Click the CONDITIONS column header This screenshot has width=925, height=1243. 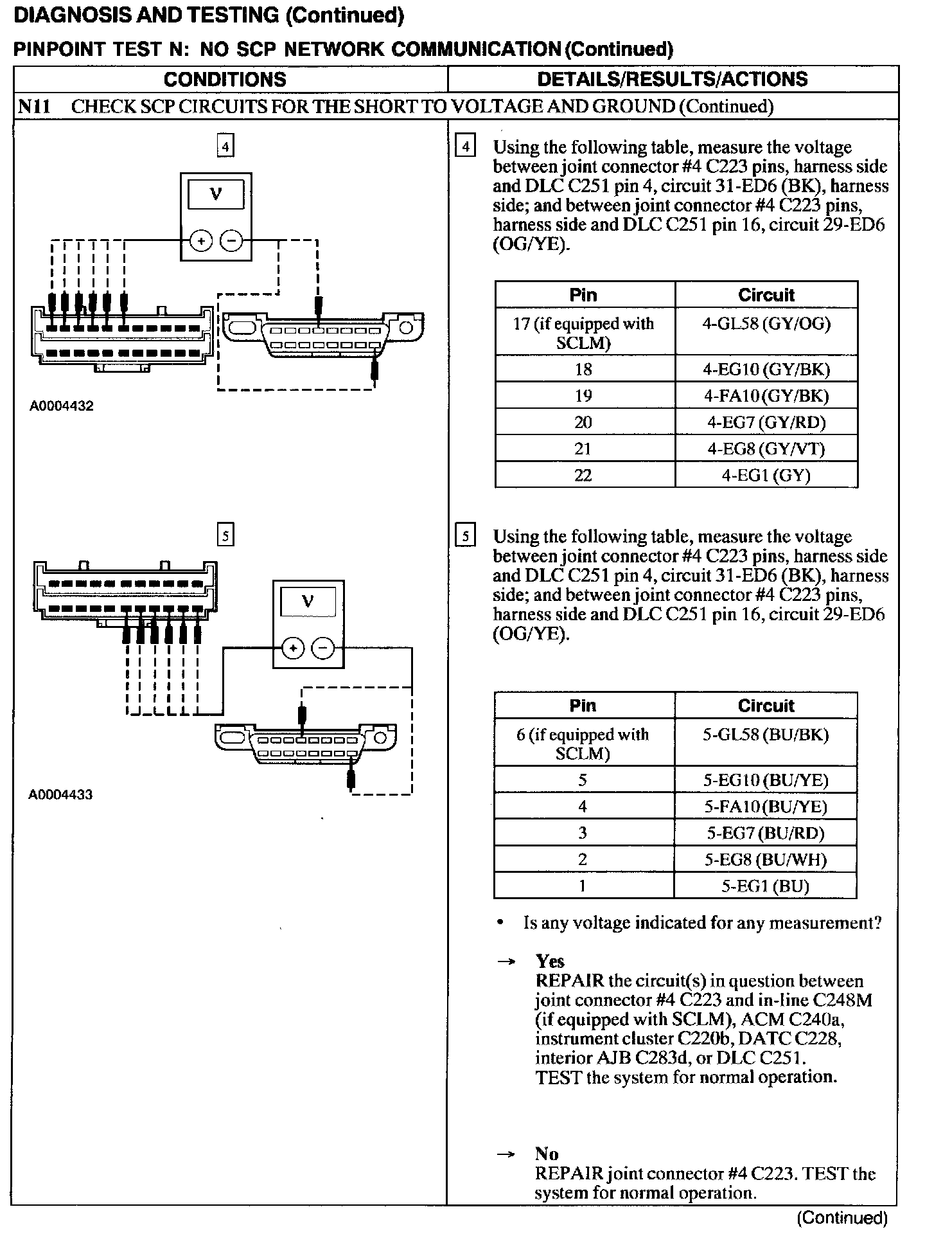coord(225,79)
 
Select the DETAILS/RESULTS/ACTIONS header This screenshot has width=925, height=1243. coord(672,79)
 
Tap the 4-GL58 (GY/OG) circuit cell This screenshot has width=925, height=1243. coord(766,323)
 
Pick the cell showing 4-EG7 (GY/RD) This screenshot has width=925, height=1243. coord(766,422)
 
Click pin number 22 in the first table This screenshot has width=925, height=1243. coord(583,475)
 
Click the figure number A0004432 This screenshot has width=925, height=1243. coord(62,406)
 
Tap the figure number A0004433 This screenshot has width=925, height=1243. coord(60,794)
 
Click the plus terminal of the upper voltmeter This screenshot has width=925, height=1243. coord(201,242)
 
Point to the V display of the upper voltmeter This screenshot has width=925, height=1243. coord(216,193)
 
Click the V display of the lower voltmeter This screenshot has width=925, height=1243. coord(308,601)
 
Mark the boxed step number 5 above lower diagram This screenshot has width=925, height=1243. coord(225,535)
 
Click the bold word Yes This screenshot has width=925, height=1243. coord(550,961)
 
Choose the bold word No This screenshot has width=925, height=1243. coord(547,1154)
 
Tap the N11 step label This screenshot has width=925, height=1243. coord(34,107)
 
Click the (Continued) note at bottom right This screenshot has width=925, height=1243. coord(842,1217)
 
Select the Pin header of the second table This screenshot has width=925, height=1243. coord(583,706)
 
